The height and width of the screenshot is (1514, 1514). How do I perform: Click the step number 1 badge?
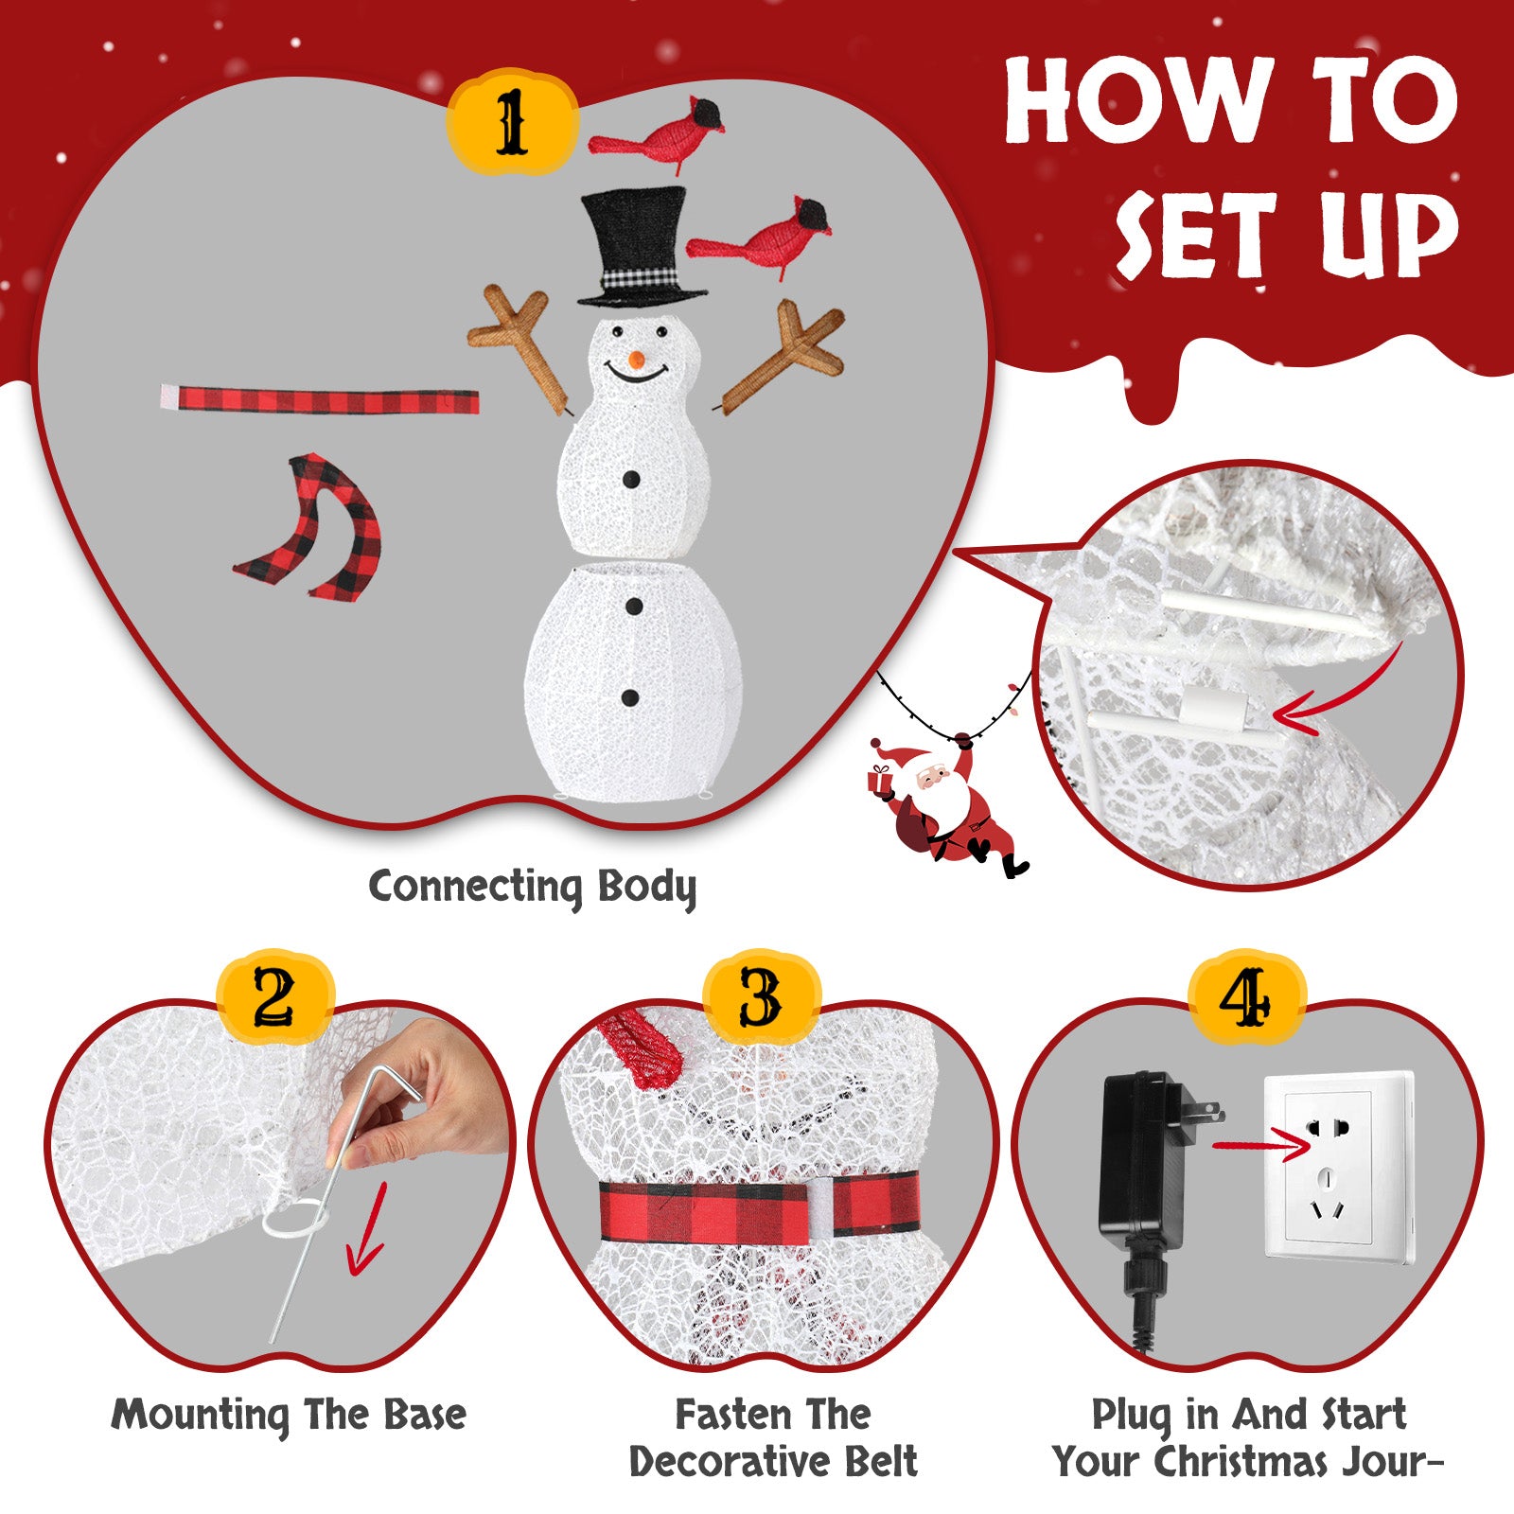point(512,123)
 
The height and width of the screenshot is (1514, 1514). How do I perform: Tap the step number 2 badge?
point(274,998)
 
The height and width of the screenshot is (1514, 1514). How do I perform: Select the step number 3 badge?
point(761,998)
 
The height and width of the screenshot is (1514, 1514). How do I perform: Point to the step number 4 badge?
point(1246,998)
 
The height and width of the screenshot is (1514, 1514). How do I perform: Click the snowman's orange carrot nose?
point(637,360)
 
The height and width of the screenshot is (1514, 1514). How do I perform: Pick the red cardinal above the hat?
point(658,133)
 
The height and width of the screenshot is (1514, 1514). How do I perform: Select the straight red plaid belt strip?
point(320,399)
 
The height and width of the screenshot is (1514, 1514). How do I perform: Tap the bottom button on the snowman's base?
point(630,698)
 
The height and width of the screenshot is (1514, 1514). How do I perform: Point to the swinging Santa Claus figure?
point(946,804)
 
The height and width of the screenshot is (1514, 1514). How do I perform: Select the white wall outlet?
point(1340,1166)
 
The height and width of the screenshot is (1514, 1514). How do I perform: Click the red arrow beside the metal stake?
point(367,1230)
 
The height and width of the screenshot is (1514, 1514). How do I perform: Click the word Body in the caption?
point(647,889)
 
